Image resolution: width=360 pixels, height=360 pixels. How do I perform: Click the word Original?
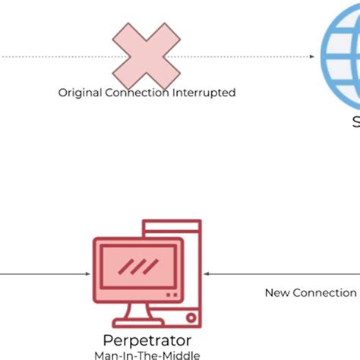click(x=79, y=93)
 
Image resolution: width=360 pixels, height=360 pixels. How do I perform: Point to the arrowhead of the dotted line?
click(x=312, y=56)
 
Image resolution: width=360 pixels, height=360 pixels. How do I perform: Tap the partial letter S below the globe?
click(x=355, y=126)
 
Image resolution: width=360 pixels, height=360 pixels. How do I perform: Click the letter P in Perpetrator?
click(x=106, y=340)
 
